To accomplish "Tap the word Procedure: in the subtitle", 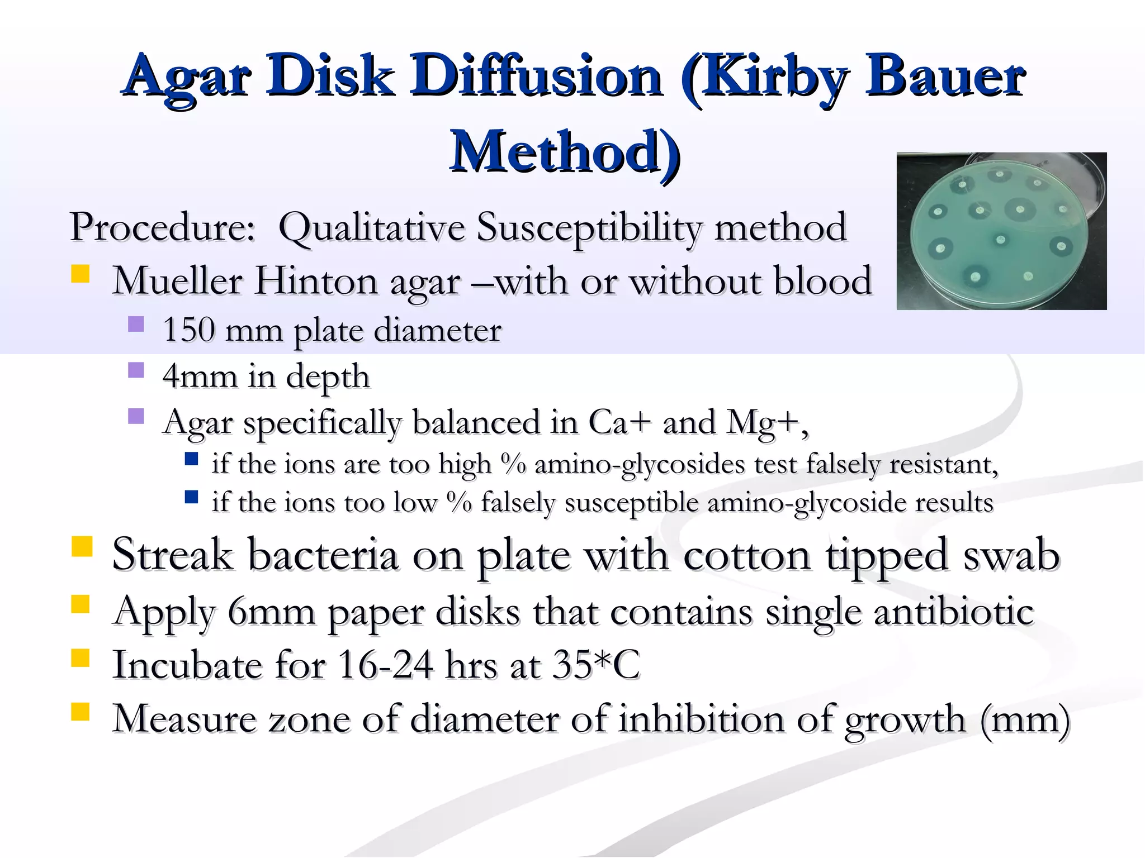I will pyautogui.click(x=162, y=227).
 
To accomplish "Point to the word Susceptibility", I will pyautogui.click(x=589, y=228).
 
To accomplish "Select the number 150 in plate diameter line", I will pyautogui.click(x=188, y=330).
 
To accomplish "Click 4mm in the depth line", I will pyautogui.click(x=200, y=376).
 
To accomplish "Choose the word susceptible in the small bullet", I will pyautogui.click(x=631, y=502).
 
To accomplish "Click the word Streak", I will pyautogui.click(x=172, y=554).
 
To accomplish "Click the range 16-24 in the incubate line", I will pyautogui.click(x=385, y=665).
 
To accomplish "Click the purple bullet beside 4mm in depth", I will pyautogui.click(x=136, y=370).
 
